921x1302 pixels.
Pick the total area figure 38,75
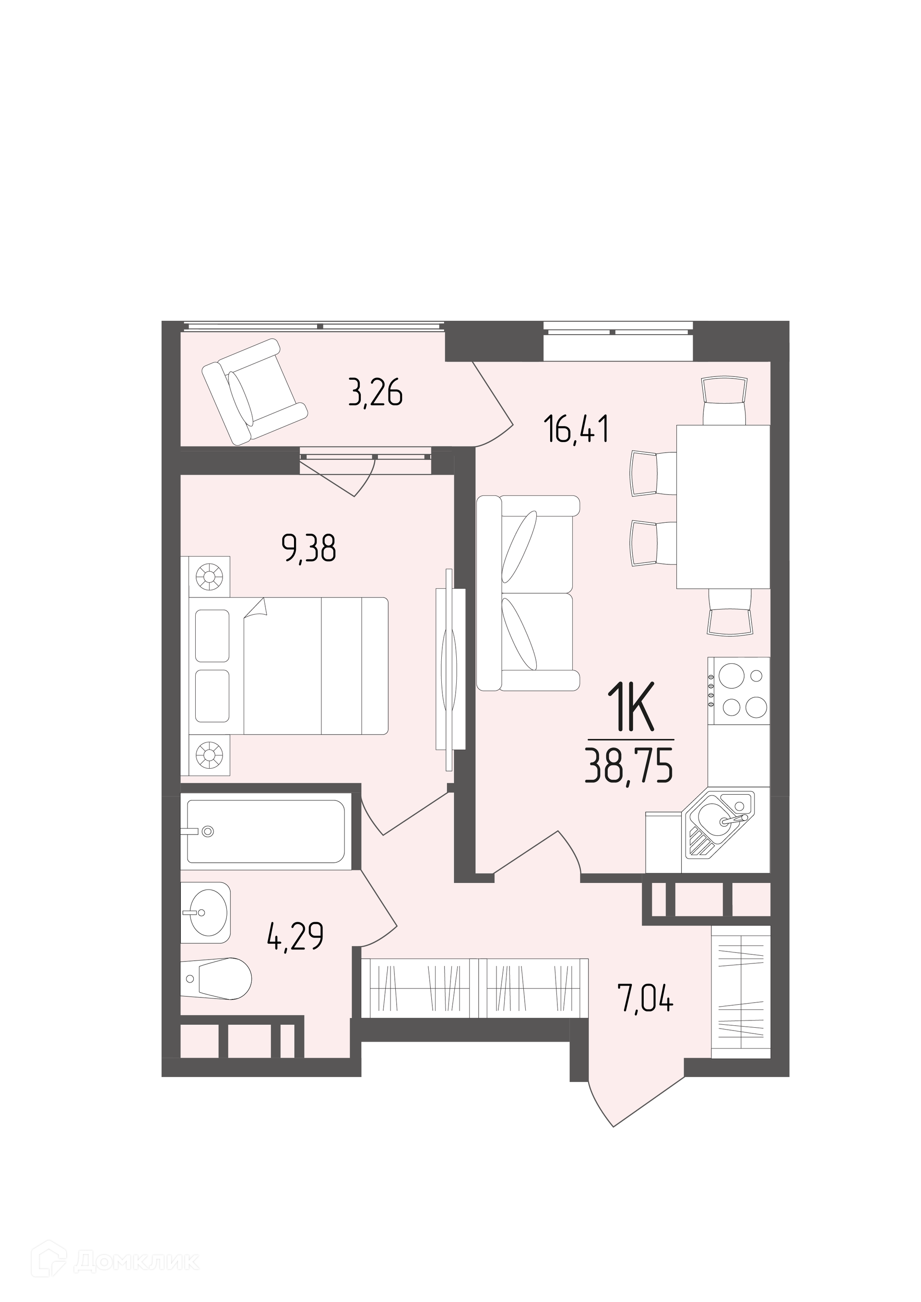(x=629, y=768)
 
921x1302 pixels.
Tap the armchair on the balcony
(x=255, y=391)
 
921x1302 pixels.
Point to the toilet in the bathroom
(x=218, y=978)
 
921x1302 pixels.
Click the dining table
(x=723, y=506)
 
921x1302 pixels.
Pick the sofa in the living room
(x=528, y=593)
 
